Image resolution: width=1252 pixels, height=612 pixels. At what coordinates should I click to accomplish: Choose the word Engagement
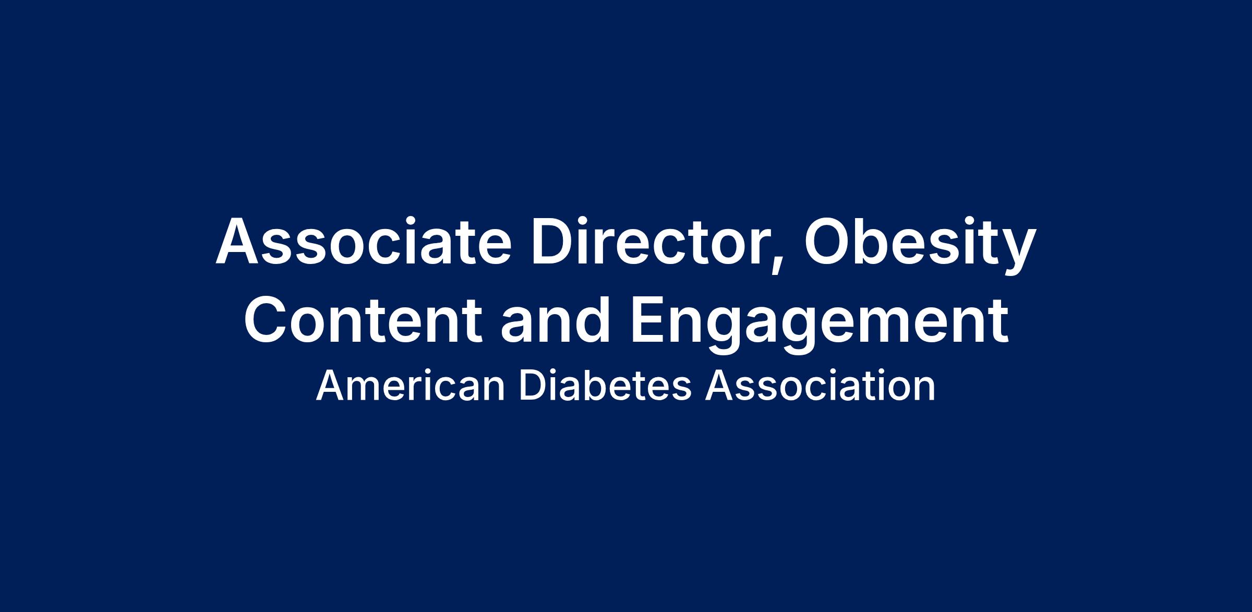(x=820, y=325)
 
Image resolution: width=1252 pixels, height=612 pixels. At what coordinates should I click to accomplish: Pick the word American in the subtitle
(x=411, y=387)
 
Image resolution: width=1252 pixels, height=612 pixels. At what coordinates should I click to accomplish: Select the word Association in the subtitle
(x=821, y=387)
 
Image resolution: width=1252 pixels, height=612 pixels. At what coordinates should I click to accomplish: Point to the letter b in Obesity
(x=881, y=241)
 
